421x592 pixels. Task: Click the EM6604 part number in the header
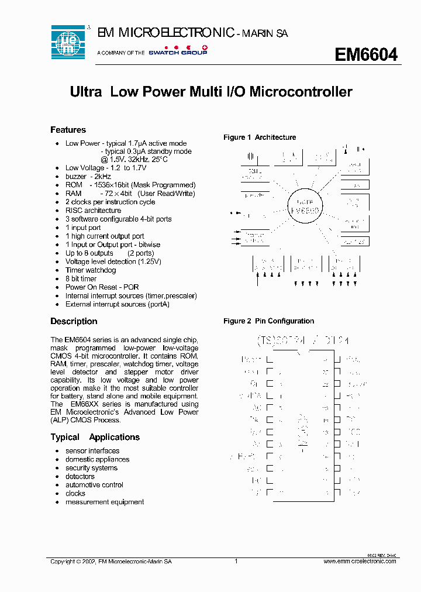coord(366,54)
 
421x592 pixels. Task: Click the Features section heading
coord(68,130)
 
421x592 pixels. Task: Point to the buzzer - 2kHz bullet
coord(88,176)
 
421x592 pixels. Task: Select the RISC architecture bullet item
coord(93,211)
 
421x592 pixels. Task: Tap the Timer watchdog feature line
coord(91,270)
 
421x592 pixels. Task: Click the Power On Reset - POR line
coord(102,287)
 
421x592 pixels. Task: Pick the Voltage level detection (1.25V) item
coord(113,261)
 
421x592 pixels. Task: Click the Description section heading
coord(74,321)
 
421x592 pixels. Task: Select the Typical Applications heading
coord(95,437)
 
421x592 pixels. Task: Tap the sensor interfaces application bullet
coord(92,451)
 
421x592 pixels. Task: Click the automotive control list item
coord(94,485)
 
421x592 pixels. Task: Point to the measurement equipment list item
coord(104,502)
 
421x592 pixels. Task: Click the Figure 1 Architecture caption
coord(260,137)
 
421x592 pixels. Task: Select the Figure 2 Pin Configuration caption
coord(268,321)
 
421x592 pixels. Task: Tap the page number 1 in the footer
coord(236,561)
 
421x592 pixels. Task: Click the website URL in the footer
coord(360,561)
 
